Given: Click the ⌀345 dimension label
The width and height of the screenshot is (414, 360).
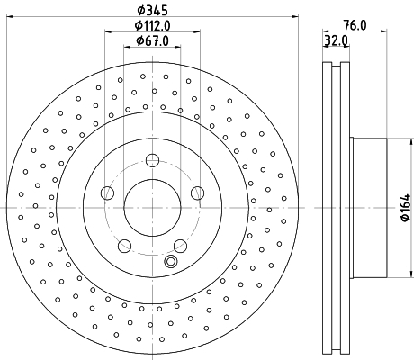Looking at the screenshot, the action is [152, 11].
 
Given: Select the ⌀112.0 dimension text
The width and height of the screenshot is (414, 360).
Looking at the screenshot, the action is [152, 25].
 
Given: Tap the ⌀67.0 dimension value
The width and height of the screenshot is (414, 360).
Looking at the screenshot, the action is [152, 40].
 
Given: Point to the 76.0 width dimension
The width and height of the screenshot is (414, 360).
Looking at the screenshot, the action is [355, 25].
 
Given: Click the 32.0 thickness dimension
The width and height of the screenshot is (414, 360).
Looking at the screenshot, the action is [336, 40].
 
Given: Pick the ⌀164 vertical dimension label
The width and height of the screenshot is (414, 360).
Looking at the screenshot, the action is [406, 208].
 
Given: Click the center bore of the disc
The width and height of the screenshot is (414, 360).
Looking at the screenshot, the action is [152, 207].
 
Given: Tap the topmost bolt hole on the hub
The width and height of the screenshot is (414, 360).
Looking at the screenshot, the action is [152, 160].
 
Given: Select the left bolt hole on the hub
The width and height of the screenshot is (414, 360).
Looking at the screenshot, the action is [108, 193].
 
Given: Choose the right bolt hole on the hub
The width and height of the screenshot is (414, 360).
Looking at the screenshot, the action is [198, 193].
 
